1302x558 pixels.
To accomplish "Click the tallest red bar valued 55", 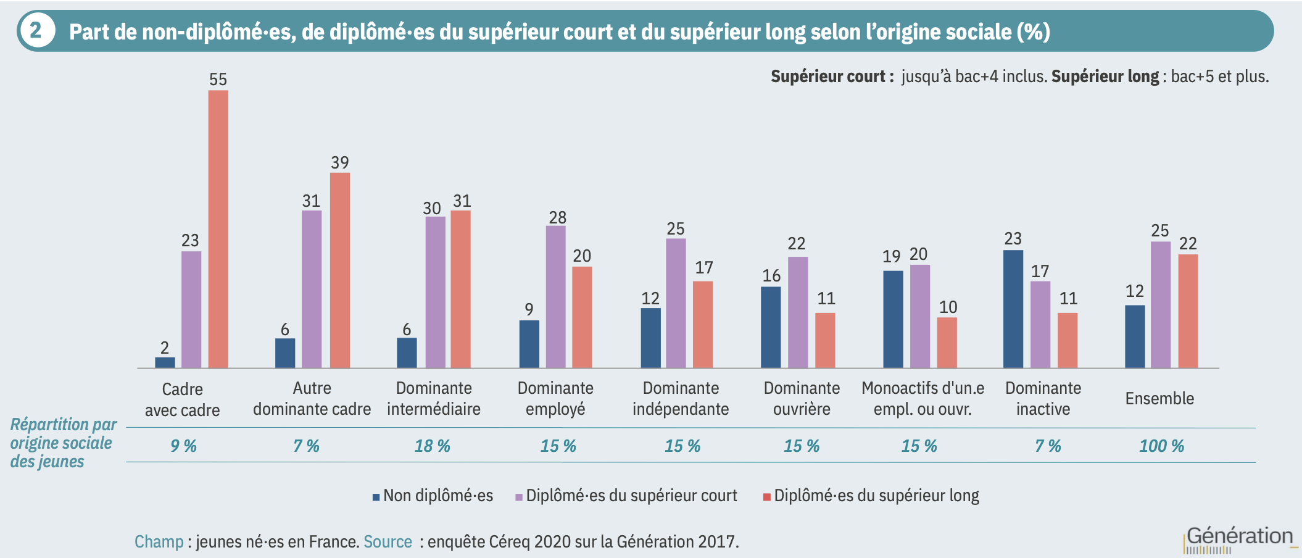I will pos(218,228).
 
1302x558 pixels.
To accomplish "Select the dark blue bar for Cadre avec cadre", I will pos(165,362).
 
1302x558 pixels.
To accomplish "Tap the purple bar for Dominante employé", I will pos(555,296).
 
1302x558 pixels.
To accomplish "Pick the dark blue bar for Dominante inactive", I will pos(1013,309).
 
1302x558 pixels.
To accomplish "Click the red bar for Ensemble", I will pos(1188,311).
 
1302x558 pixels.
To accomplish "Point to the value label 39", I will pos(340,163).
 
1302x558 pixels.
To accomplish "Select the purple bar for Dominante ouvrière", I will pos(798,312).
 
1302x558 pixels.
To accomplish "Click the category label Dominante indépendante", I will pos(681,398).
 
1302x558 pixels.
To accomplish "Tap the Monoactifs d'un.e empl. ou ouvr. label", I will pos(923,398).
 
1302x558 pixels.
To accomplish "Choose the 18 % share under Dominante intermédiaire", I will pos(432,446).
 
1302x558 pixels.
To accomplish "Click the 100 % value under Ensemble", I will pos(1161,446).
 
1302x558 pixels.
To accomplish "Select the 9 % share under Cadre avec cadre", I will pos(183,446).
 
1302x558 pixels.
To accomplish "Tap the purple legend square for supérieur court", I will pos(520,497).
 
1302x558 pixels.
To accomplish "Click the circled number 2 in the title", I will pos(36,30).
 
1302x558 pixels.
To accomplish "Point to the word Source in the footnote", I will pos(388,542).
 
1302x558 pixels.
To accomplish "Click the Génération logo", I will pos(1239,538).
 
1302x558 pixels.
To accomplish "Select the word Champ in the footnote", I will pos(159,542).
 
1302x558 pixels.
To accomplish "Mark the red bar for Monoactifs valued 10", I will pos(947,343).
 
